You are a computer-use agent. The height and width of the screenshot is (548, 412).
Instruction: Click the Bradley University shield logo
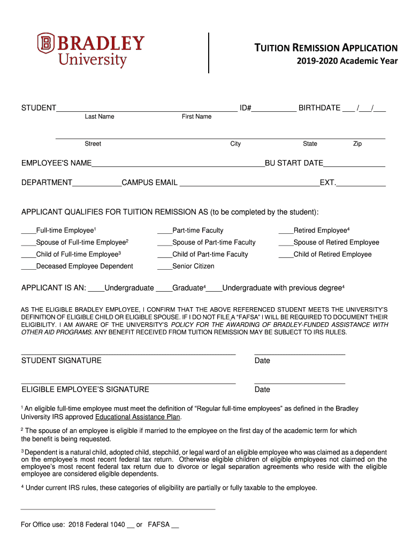coord(46,44)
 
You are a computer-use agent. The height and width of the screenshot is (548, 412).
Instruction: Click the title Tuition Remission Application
coord(325,48)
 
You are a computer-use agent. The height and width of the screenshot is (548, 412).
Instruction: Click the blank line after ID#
coord(274,109)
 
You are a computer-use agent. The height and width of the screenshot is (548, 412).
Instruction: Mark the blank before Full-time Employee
coord(28,232)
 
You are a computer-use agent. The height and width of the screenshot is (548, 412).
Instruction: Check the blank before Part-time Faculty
coord(164,232)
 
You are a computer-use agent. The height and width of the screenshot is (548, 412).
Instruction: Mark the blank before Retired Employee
coord(286,232)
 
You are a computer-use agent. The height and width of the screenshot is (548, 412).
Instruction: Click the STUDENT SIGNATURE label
coord(61,361)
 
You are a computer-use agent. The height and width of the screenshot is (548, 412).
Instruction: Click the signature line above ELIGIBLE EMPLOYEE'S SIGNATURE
coord(128,383)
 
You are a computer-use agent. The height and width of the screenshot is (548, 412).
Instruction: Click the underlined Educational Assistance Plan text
coord(138,417)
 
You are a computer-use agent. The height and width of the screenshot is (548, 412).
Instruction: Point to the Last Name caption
coord(99,117)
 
